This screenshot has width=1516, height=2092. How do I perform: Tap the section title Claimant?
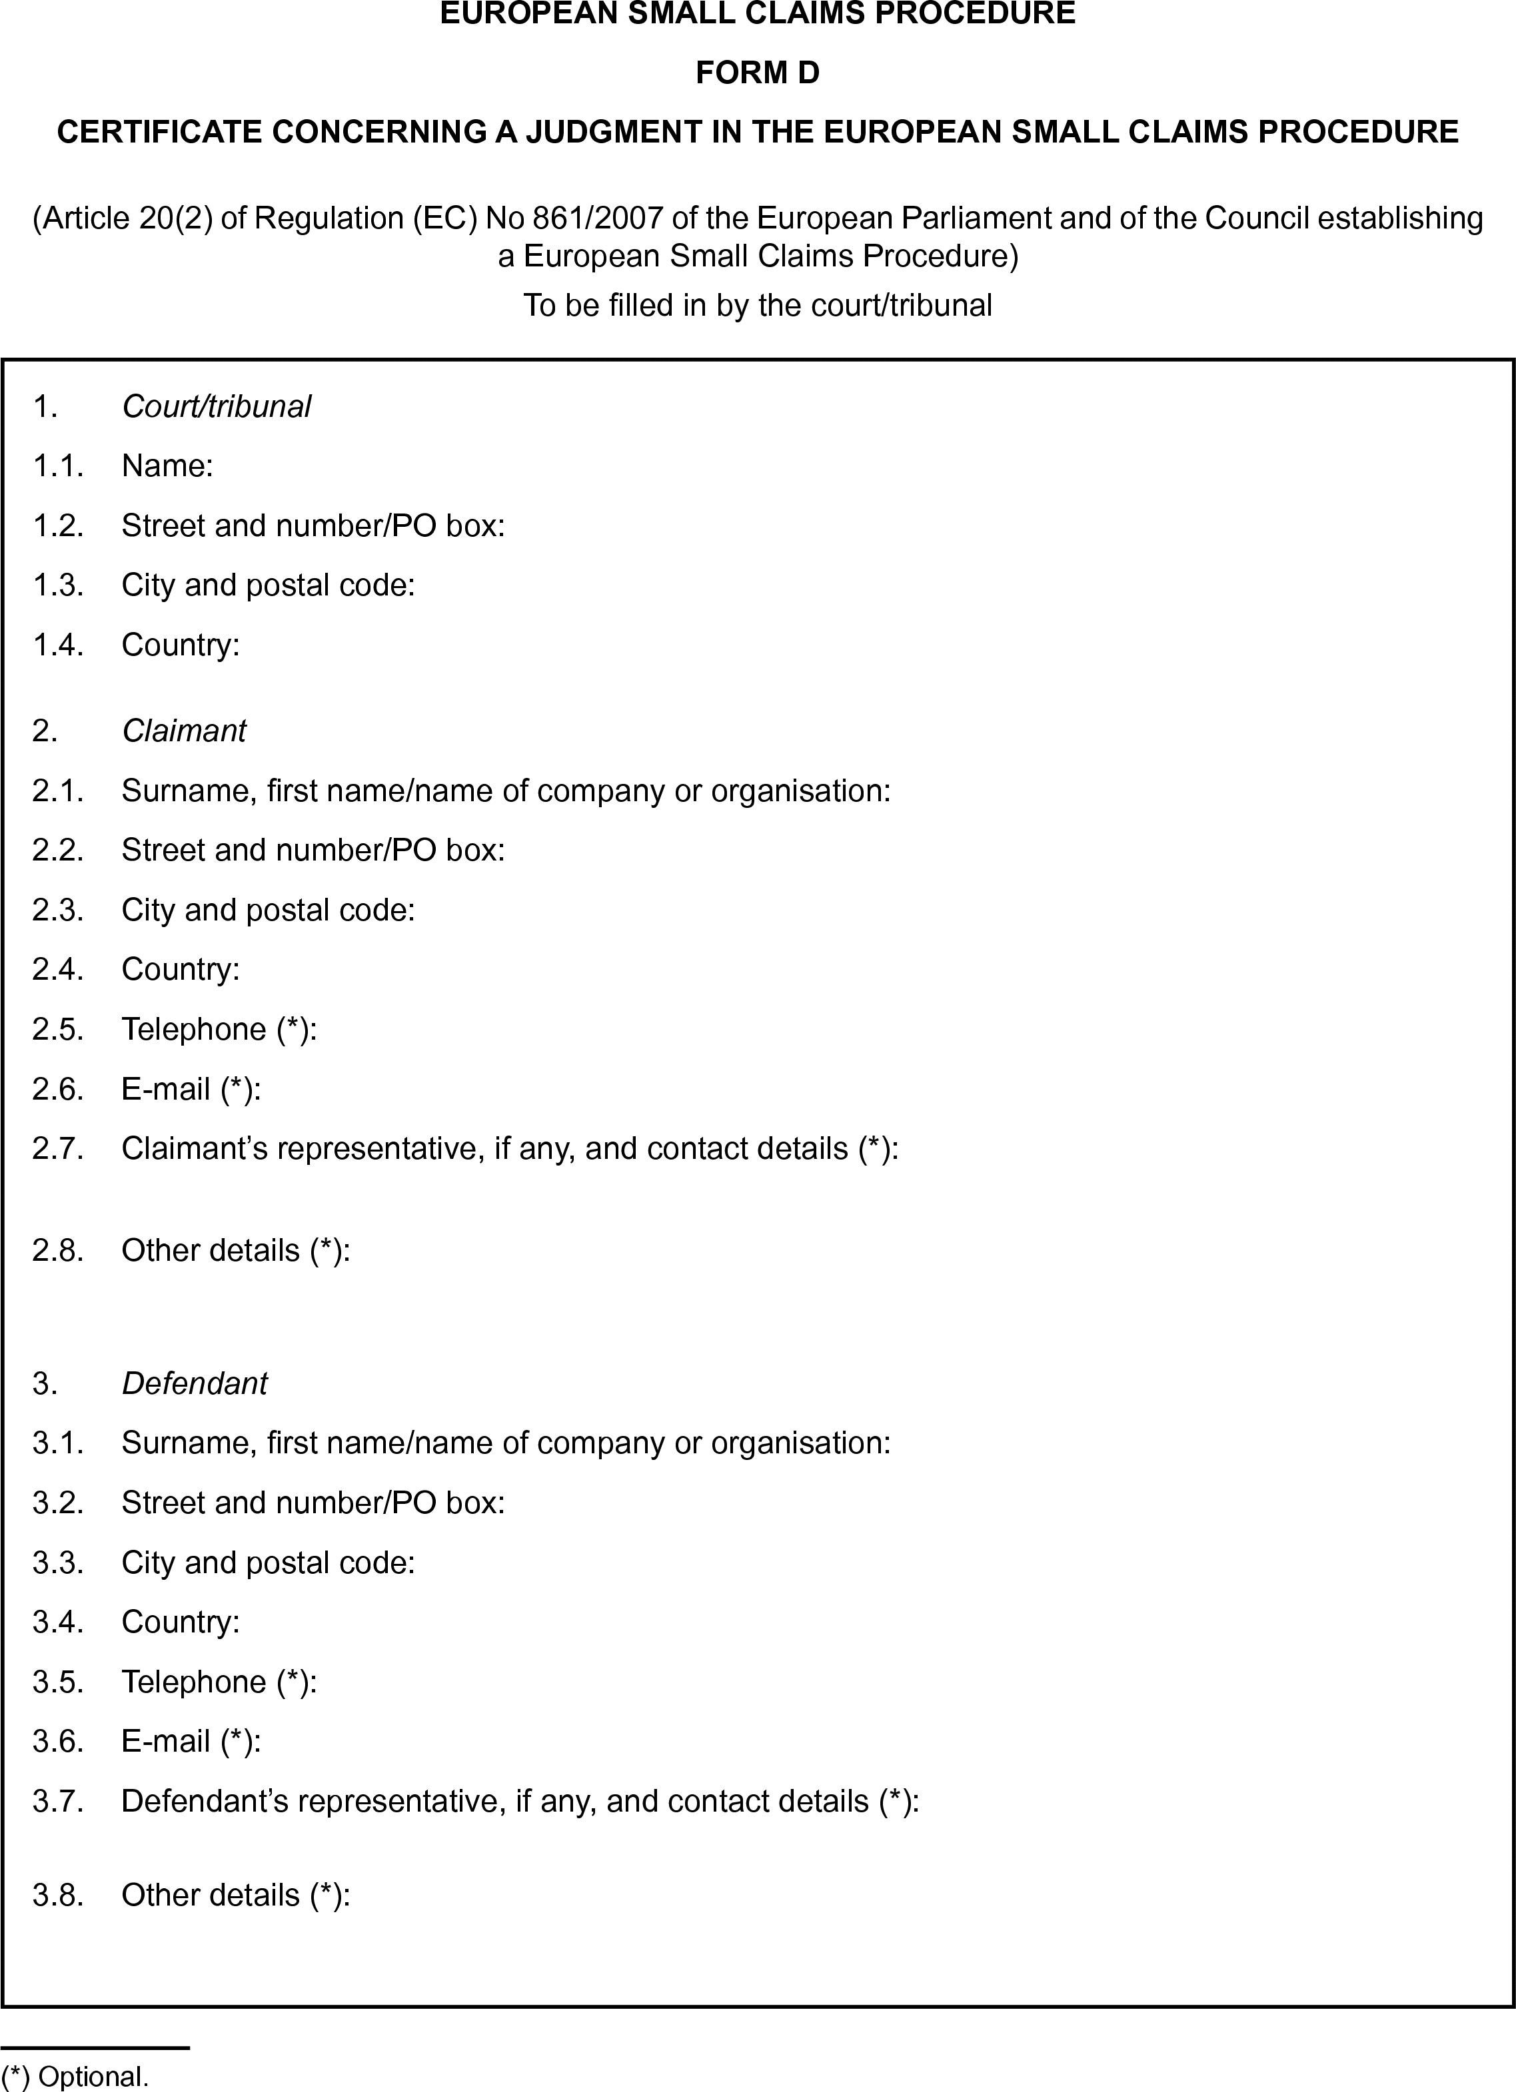(x=184, y=731)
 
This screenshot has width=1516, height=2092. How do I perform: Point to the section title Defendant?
(x=194, y=1383)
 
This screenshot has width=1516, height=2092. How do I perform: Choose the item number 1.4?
(x=58, y=645)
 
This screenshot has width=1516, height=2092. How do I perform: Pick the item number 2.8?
(x=58, y=1251)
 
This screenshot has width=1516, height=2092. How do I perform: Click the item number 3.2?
(x=58, y=1503)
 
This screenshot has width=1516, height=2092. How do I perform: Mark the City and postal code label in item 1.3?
(x=268, y=585)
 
